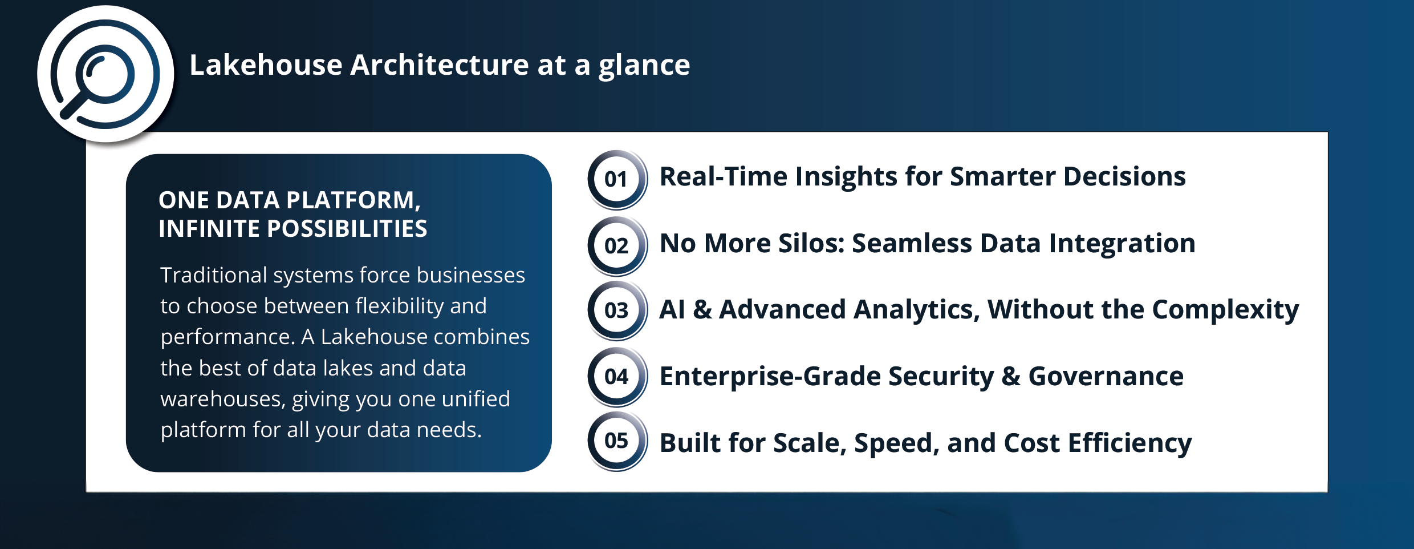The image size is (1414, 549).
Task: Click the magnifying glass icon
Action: [x=105, y=74]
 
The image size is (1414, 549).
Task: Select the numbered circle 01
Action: [x=617, y=180]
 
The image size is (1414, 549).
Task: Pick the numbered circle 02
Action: [x=617, y=246]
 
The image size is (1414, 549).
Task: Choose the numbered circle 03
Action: [x=617, y=311]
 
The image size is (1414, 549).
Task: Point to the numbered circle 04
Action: [x=617, y=377]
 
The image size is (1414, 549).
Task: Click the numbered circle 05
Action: [x=617, y=441]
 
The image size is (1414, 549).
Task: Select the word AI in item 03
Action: [x=672, y=310]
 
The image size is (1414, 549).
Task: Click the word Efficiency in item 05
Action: [x=1130, y=444]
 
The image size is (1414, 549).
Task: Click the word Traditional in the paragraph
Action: [x=214, y=275]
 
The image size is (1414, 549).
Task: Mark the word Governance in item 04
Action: [x=1106, y=377]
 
